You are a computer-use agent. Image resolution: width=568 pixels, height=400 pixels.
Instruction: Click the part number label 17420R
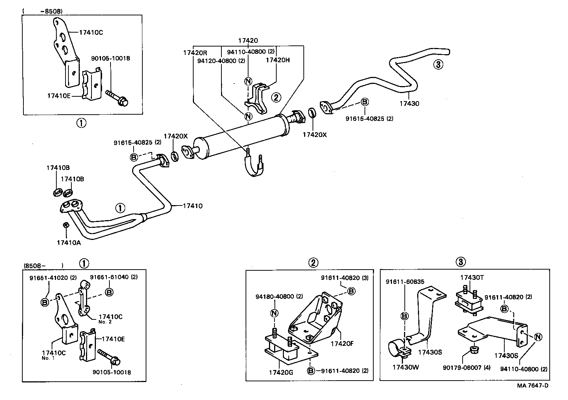point(195,53)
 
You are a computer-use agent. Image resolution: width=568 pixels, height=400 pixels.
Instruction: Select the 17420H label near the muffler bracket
point(277,60)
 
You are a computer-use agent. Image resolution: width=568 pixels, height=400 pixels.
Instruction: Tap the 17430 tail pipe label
point(409,104)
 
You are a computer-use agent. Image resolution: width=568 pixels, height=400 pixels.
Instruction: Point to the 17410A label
point(69,242)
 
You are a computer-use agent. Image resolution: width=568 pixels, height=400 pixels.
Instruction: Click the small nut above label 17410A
point(66,225)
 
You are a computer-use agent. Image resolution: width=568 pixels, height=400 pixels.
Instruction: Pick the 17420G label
point(281,372)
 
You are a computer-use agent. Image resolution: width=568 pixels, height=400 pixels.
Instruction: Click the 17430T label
point(472,278)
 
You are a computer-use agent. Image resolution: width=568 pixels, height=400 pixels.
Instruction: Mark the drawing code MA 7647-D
point(532,385)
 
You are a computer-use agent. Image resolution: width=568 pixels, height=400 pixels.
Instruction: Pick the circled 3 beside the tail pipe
point(438,65)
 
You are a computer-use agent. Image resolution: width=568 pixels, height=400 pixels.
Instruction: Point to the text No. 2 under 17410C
point(105,322)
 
